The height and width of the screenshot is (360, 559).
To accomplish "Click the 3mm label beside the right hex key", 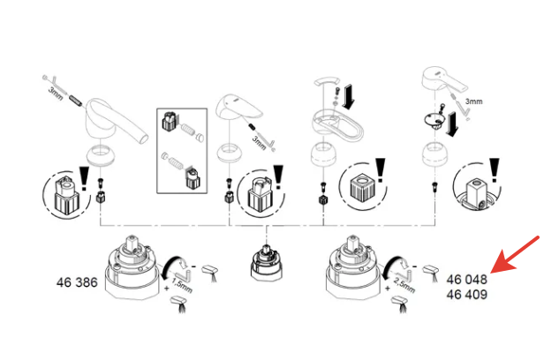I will pyautogui.click(x=474, y=101).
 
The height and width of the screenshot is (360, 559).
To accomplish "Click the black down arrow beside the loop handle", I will pyautogui.click(x=350, y=92).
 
